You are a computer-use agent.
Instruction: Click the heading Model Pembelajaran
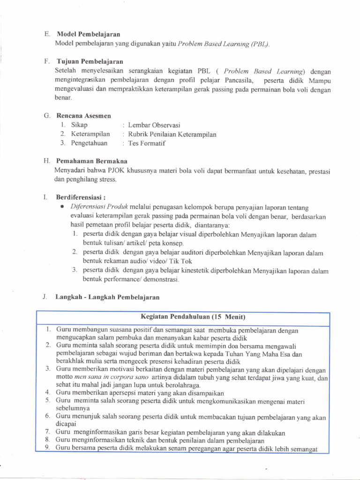[x=88, y=34]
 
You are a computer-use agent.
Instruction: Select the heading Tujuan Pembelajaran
[x=90, y=61]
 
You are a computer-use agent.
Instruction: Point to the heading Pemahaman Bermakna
[x=89, y=161]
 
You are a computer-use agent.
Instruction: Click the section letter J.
[x=44, y=297]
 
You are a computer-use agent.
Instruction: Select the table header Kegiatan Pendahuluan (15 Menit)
[x=193, y=317]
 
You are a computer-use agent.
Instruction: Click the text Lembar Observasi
[x=154, y=125]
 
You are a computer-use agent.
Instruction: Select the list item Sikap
[x=79, y=125]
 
